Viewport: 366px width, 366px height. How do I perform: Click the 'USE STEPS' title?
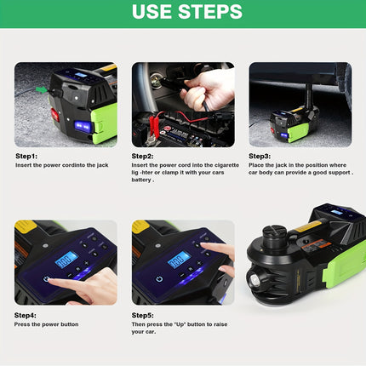(187, 12)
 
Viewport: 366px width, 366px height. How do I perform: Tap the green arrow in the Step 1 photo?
(42, 90)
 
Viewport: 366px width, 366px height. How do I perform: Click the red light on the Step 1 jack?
(54, 115)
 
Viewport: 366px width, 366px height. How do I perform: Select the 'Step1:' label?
(26, 156)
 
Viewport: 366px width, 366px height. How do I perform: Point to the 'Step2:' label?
(142, 156)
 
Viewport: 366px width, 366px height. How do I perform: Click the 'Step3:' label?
(260, 156)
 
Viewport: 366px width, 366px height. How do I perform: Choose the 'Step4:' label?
(26, 315)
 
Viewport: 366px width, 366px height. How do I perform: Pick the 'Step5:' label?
(142, 315)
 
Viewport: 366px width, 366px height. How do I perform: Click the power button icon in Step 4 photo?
(46, 279)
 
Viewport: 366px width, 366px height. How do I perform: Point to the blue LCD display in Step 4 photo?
(66, 260)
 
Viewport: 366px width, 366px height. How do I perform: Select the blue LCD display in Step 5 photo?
(179, 260)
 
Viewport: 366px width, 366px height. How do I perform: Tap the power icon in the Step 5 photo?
(159, 279)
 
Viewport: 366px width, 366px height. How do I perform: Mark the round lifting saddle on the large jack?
(273, 232)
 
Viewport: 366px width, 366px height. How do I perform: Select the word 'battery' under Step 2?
(141, 180)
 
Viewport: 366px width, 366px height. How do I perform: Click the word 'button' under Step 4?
(70, 324)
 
